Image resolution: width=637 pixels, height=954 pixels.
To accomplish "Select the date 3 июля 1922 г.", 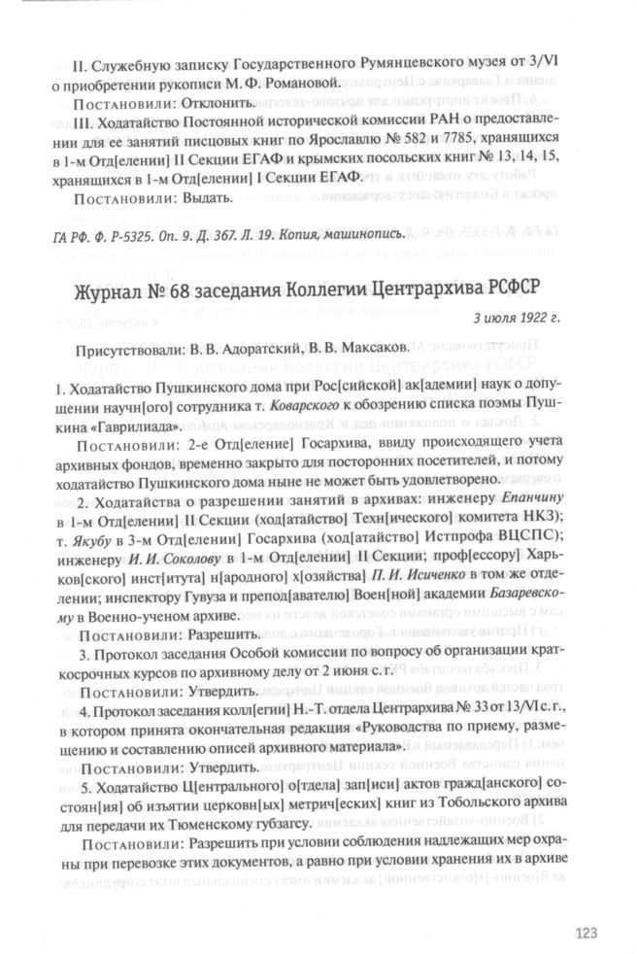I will [518, 319].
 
